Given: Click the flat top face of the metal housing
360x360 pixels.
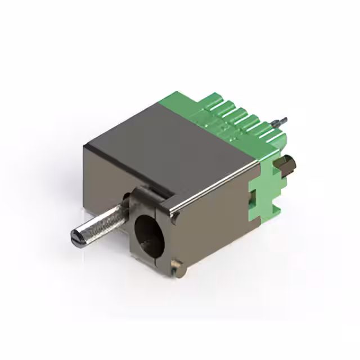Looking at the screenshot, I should pyautogui.click(x=169, y=143).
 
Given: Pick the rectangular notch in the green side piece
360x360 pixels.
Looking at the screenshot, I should pyautogui.click(x=253, y=196).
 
